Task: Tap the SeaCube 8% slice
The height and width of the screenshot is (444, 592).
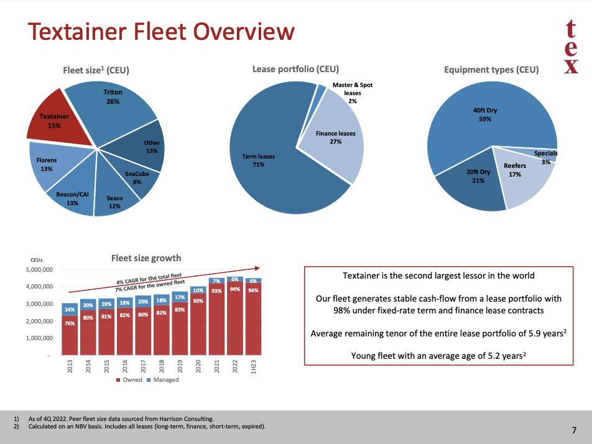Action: click(141, 180)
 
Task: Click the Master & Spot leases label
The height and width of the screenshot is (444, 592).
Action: click(353, 93)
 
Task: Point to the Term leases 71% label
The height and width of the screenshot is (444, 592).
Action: click(258, 160)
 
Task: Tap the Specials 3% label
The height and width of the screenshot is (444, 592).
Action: click(545, 157)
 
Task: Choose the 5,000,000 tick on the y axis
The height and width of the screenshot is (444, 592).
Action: click(39, 270)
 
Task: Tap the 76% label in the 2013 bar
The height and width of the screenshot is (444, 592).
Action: click(70, 323)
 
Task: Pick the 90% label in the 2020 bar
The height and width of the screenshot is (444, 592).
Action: click(198, 301)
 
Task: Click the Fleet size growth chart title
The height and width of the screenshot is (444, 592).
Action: click(146, 258)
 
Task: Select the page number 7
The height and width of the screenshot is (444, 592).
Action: click(574, 430)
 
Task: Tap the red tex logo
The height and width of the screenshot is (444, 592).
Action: click(571, 47)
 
